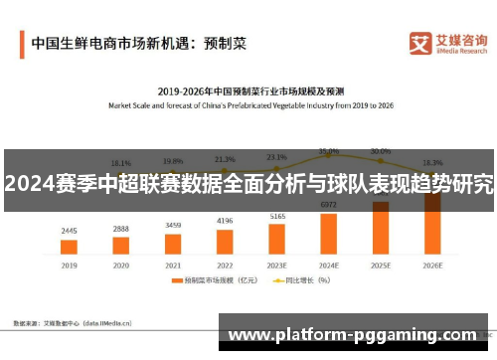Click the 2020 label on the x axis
tap(120, 267)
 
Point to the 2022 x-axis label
tap(225, 267)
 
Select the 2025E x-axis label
tap(381, 267)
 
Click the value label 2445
tap(69, 232)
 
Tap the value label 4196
tap(225, 221)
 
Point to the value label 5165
tap(277, 216)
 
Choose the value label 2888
tap(120, 229)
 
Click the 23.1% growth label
tap(277, 156)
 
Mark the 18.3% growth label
tap(432, 162)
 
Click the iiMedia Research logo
tap(447, 43)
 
